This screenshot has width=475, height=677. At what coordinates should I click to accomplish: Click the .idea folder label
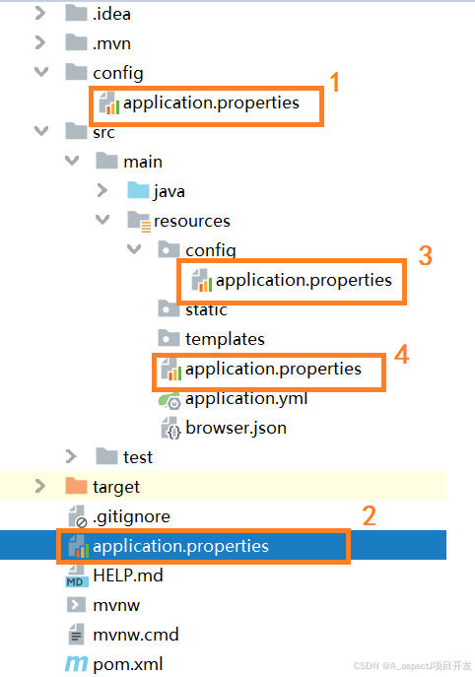pos(111,14)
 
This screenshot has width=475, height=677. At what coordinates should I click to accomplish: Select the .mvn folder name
pos(111,43)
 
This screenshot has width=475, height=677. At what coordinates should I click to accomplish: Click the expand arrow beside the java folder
pos(102,190)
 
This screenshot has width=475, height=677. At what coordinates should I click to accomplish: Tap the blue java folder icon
pos(138,190)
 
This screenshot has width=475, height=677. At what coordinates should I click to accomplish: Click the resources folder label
pos(192,221)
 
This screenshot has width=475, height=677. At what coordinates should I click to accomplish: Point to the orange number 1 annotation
pos(335,82)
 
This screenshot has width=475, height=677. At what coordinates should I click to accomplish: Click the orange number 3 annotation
pos(426,255)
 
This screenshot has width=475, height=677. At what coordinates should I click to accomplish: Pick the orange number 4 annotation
pos(402,355)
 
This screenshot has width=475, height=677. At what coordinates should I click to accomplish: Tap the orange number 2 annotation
pos(370,516)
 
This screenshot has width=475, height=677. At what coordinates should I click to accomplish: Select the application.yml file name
pos(246,399)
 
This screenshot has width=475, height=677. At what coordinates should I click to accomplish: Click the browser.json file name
pos(236,429)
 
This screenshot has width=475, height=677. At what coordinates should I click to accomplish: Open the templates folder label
pos(225,339)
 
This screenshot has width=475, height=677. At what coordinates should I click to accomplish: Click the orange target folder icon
pos(76,486)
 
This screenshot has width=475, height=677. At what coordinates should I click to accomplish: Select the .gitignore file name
pos(131,516)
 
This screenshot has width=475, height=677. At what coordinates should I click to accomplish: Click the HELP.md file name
pos(128,575)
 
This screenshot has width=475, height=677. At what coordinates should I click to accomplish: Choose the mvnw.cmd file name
pos(136,635)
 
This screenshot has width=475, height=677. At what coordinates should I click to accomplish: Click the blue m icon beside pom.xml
pos(76,664)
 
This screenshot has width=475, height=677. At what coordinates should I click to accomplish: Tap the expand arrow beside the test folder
pos(71,456)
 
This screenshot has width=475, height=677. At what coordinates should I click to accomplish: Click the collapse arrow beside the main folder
pos(72,161)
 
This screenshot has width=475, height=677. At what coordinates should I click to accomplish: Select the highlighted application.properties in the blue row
pos(180,546)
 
